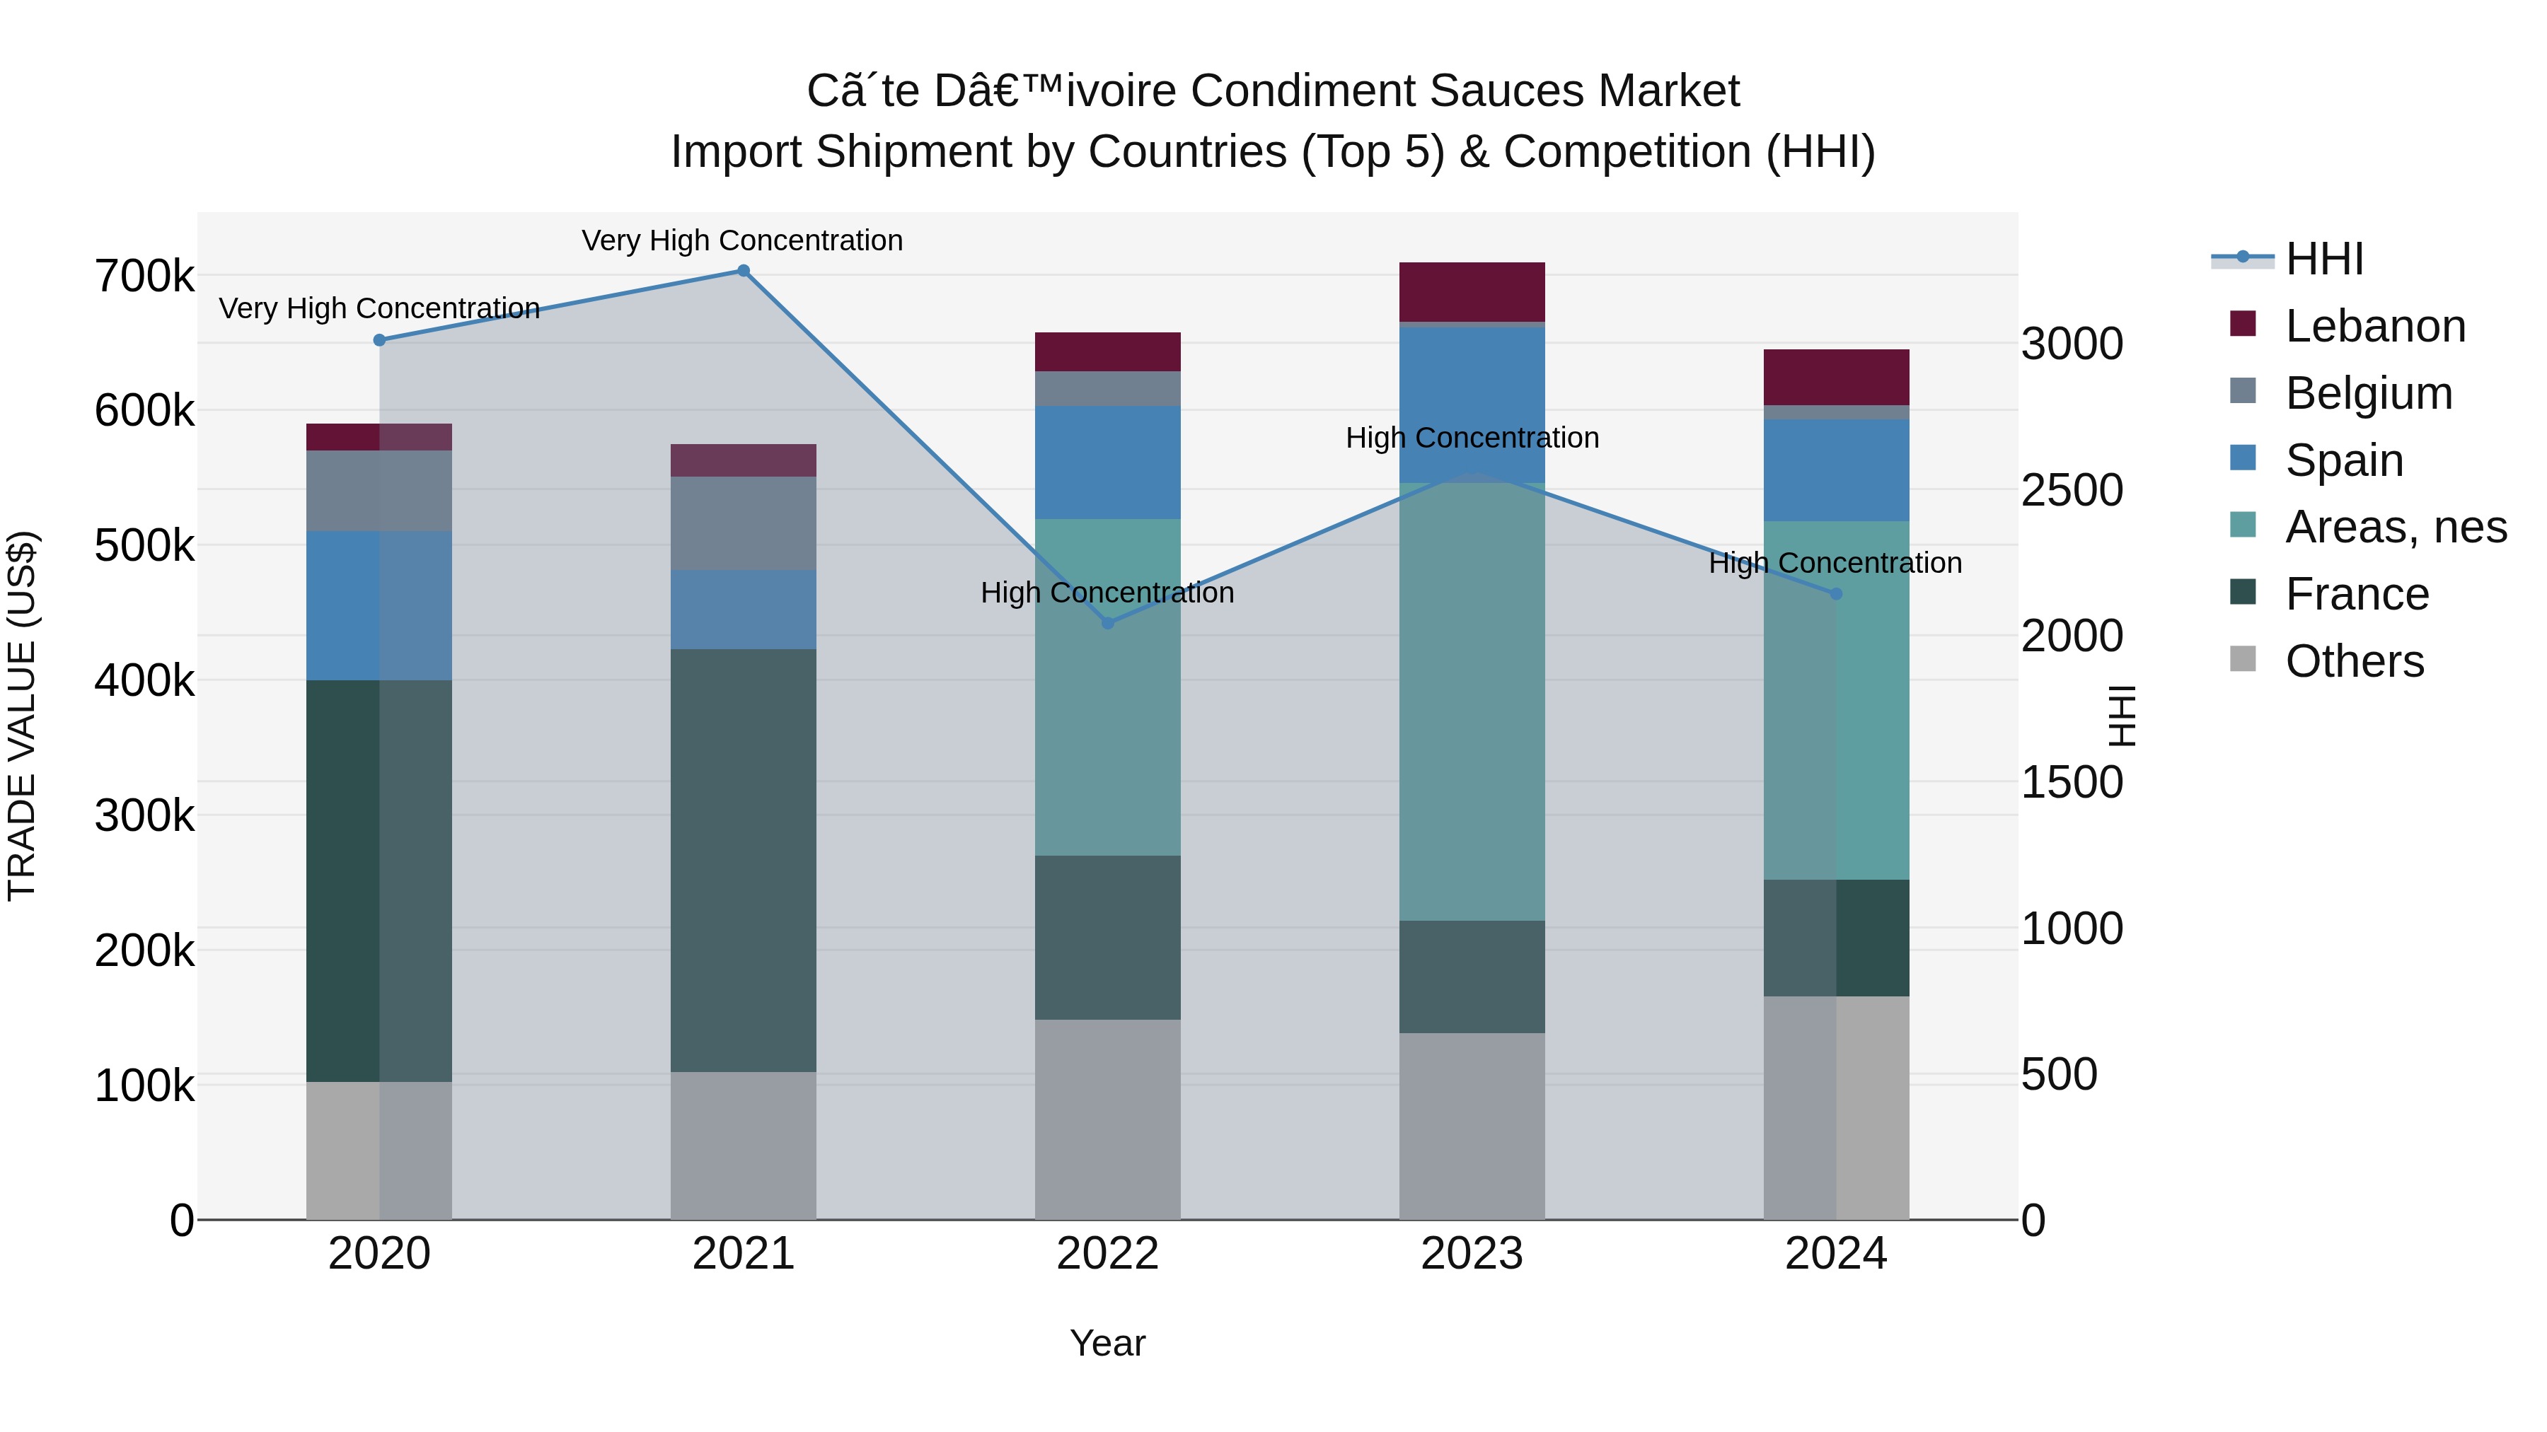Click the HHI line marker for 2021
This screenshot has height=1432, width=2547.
(x=744, y=271)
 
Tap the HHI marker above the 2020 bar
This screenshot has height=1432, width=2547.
(x=380, y=340)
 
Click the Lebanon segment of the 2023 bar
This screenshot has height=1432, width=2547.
(x=1472, y=291)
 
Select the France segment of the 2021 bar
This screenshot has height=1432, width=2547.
(x=744, y=860)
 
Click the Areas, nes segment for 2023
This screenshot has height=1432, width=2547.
(x=1472, y=702)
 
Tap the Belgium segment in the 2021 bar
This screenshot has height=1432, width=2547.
(x=744, y=524)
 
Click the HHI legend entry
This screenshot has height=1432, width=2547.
(x=2323, y=259)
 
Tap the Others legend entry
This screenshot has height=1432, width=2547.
(x=2353, y=661)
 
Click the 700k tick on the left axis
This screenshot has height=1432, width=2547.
(x=144, y=276)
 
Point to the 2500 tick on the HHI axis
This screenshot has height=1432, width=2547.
(x=2072, y=490)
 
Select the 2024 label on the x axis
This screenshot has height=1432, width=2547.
(x=1835, y=1254)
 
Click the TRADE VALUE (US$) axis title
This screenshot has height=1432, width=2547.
(x=22, y=716)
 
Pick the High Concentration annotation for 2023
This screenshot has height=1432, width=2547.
(x=1472, y=438)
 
